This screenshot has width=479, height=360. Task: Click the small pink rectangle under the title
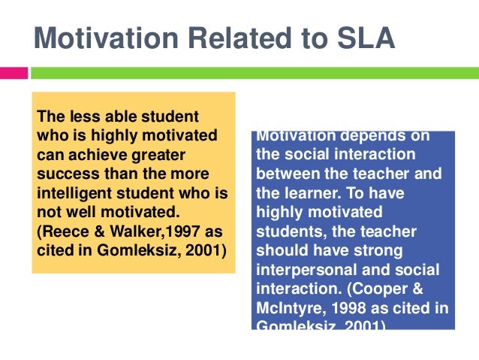pos(14,73)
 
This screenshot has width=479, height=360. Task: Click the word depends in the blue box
pos(369,136)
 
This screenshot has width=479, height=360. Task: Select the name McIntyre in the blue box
pos(289,308)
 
